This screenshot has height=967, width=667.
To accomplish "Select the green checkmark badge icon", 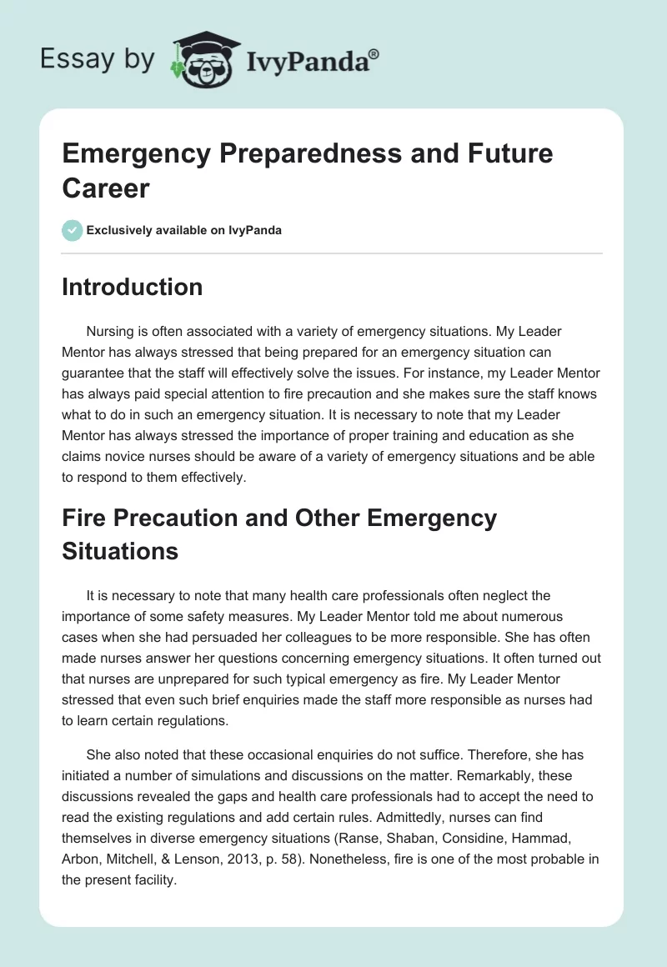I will (x=72, y=230).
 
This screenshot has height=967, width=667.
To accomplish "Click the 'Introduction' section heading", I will (x=133, y=287).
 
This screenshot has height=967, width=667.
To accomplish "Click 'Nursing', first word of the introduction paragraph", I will (x=110, y=332).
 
